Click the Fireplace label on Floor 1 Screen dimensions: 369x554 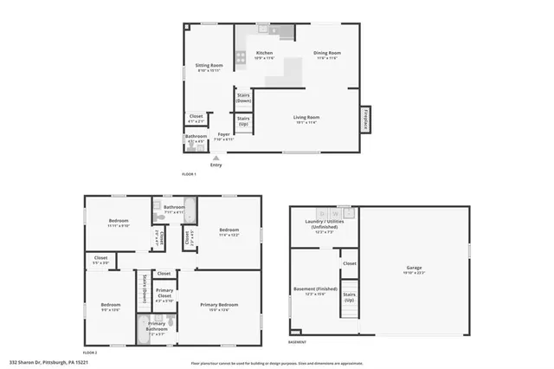point(366,120)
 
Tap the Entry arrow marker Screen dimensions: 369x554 point(216,158)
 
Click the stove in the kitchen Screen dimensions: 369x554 point(241,59)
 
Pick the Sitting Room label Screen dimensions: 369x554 point(209,67)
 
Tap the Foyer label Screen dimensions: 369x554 point(223,135)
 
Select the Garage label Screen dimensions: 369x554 point(414,269)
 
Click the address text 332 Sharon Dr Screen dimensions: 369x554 point(48,362)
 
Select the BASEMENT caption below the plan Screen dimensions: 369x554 point(297,342)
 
